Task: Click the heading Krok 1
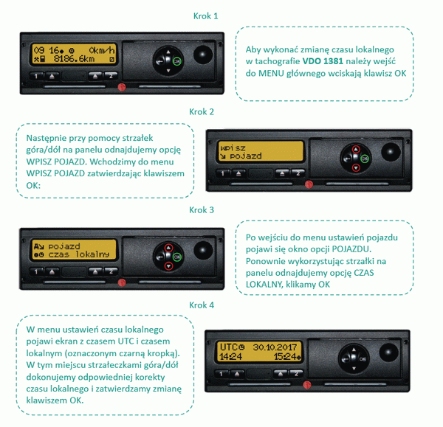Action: (205, 16)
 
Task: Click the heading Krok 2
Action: (202, 112)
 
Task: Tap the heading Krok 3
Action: (202, 210)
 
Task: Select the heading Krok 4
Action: (202, 305)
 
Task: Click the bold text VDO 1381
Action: (323, 61)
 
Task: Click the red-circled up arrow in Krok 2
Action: (356, 149)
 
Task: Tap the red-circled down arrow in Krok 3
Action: (168, 265)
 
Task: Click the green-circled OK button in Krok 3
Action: (177, 257)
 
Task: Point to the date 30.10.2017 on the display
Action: (275, 347)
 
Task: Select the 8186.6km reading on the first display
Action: (74, 59)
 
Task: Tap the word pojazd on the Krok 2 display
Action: (245, 156)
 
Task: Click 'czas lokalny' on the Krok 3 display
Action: (78, 254)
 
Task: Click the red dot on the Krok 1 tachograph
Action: (122, 87)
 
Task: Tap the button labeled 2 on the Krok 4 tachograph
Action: (296, 374)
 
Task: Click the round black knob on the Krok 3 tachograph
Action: (203, 251)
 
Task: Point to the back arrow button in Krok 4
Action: (346, 359)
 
